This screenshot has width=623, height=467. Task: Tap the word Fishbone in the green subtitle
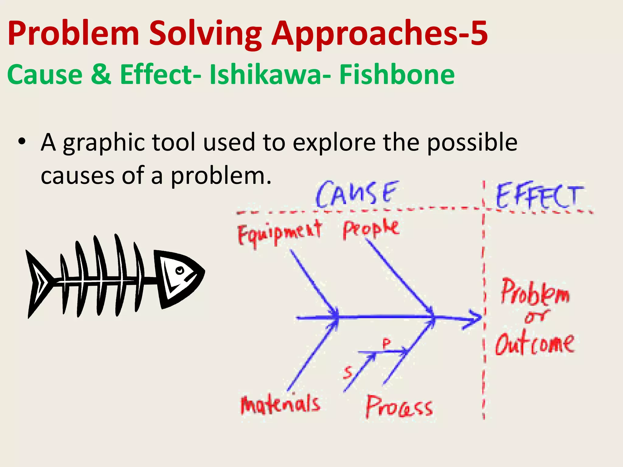(x=397, y=75)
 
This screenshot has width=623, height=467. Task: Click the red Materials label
(x=280, y=404)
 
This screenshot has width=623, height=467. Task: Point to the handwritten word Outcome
(x=535, y=344)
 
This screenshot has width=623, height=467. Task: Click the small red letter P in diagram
(x=386, y=344)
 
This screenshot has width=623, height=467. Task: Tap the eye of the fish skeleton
(x=180, y=270)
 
